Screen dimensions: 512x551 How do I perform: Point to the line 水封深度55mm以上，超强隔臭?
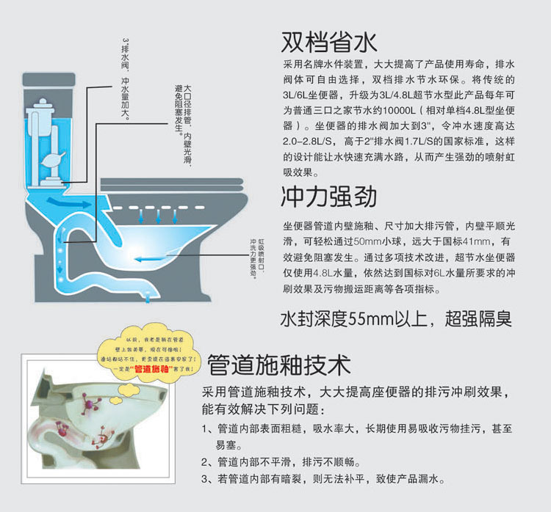(396, 320)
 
